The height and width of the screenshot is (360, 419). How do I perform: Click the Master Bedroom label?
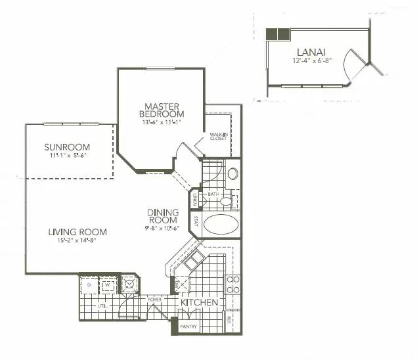(x=162, y=110)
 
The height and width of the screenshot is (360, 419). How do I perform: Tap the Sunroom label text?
(x=67, y=146)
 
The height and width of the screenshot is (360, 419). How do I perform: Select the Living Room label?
(x=77, y=232)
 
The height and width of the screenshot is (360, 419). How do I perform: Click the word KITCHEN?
(x=200, y=303)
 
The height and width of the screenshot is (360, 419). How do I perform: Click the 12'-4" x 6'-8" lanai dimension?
(x=312, y=60)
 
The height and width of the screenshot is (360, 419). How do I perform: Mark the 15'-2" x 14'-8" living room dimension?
(x=77, y=240)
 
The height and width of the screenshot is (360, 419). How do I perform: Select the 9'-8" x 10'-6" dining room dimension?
(x=162, y=229)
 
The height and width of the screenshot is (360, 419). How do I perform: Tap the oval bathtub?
(x=221, y=225)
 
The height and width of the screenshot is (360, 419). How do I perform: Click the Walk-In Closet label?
(x=218, y=137)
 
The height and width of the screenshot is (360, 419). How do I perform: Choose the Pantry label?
(x=188, y=326)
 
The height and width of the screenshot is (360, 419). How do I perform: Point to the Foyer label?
(x=154, y=300)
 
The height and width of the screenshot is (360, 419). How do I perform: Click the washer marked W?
(x=105, y=286)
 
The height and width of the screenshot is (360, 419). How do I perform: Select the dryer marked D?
(x=89, y=286)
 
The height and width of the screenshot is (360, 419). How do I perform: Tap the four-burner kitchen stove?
(x=233, y=284)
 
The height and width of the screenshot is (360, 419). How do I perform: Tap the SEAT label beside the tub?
(x=196, y=222)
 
